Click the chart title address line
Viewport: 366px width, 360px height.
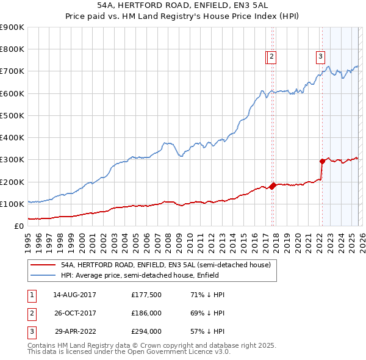tap(182, 6)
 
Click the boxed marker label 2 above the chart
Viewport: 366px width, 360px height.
tap(271, 57)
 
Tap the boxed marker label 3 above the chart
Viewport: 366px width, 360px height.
tap(320, 57)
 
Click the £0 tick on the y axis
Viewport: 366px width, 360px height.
tap(20, 226)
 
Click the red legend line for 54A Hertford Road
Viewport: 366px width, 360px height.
tap(43, 265)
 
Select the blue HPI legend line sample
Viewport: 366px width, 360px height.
tap(43, 275)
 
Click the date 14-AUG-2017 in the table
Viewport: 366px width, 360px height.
tap(74, 295)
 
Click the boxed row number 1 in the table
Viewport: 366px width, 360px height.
tap(30, 295)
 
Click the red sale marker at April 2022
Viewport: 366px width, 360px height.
tap(321, 161)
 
